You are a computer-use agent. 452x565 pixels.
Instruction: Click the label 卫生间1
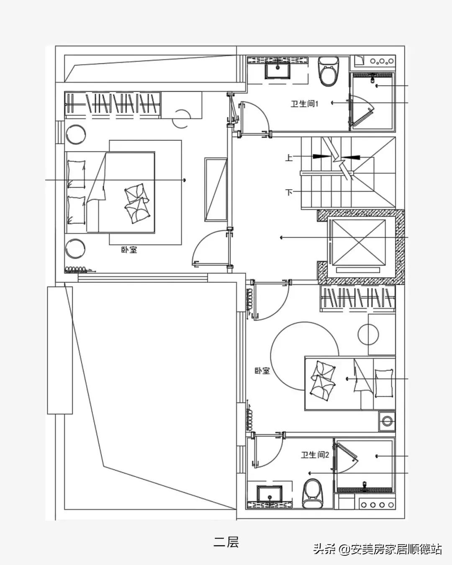click(304, 104)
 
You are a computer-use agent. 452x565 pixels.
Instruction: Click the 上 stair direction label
click(289, 157)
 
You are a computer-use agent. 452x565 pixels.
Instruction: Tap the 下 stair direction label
click(289, 192)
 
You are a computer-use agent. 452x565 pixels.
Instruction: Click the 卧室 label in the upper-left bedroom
click(129, 250)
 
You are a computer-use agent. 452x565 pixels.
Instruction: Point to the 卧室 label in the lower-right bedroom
click(262, 371)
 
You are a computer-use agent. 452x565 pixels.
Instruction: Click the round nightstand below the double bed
click(75, 249)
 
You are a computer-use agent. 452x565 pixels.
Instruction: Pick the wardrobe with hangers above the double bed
click(113, 105)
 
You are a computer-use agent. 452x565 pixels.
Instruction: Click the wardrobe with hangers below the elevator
click(358, 299)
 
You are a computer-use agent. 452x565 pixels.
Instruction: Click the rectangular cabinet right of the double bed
click(216, 189)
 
